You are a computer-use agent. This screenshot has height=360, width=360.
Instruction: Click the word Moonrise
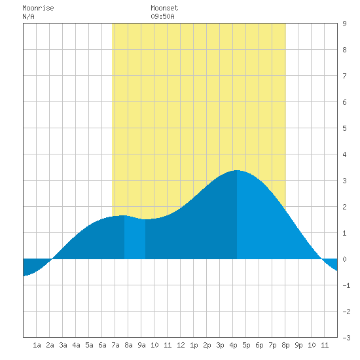tap(38, 8)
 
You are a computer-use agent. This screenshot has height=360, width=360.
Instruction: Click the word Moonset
tap(164, 8)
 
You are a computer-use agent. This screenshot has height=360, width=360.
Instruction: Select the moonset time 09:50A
tap(162, 16)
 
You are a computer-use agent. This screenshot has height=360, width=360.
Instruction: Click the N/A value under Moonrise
tap(28, 16)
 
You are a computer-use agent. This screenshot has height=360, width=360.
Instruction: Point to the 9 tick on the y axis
tap(344, 24)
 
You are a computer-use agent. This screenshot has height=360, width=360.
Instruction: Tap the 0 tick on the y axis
tap(344, 259)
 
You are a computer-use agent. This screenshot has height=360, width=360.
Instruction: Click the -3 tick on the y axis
tap(346, 338)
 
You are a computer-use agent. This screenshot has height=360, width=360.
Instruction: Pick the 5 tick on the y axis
tap(344, 128)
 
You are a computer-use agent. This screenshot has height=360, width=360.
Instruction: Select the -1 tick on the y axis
tap(346, 285)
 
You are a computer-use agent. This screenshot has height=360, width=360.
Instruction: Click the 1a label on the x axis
tap(37, 345)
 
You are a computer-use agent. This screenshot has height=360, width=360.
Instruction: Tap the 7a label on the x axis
tap(115, 345)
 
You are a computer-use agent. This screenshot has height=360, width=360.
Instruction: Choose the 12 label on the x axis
tap(181, 345)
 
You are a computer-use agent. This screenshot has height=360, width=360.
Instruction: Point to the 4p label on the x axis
tap(233, 345)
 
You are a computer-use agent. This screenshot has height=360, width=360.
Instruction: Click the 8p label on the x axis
tap(285, 345)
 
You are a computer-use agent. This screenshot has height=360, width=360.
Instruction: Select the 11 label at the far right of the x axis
tap(325, 345)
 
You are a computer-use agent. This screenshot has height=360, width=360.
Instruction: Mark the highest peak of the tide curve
tap(236, 170)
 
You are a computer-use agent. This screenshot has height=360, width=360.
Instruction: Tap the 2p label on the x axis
tap(207, 345)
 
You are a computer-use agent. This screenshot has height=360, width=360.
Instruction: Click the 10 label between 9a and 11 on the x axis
tap(154, 345)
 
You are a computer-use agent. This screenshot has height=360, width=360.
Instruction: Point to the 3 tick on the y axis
tap(344, 181)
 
